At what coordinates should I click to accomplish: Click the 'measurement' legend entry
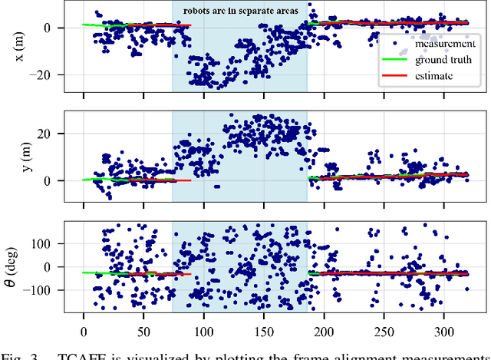[443, 44]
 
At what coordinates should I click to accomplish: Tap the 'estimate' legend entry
[435, 76]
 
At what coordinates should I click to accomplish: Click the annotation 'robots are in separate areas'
[239, 12]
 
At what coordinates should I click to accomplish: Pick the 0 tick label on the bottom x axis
[84, 334]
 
